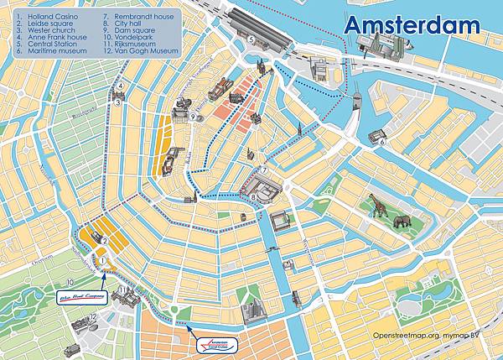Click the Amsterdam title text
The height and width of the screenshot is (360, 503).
coord(412,24)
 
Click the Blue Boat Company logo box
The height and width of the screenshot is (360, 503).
coord(81,296)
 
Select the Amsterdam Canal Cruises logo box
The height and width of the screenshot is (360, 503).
coord(215,345)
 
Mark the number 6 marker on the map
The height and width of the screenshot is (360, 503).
coord(382,142)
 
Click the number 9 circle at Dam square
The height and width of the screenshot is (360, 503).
coord(193,117)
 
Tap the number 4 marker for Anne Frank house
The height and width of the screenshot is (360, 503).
coord(121,86)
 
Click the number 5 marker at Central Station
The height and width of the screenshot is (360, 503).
coord(251,40)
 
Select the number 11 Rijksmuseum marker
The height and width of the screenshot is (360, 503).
coord(122,290)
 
